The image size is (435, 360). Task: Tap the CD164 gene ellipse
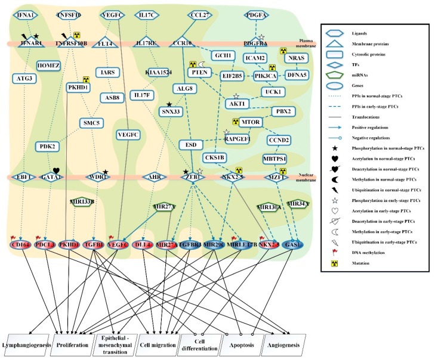click(x=20, y=245)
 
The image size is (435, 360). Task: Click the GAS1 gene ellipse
click(x=294, y=245)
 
